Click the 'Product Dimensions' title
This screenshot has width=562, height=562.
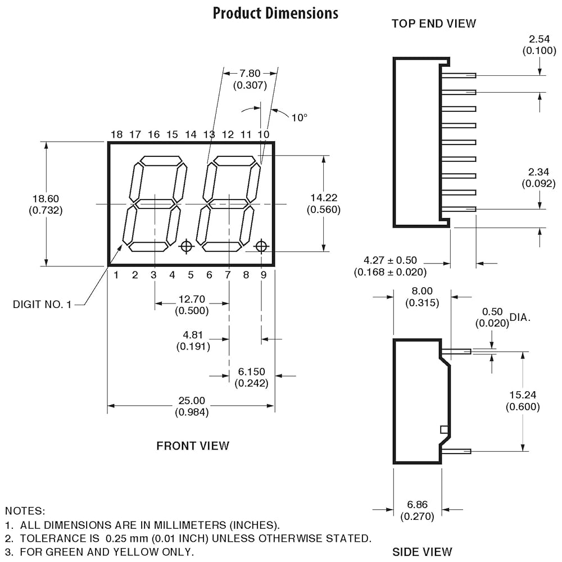click(275, 13)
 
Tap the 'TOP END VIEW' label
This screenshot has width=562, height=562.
click(434, 24)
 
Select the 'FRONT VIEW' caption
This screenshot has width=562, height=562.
click(192, 446)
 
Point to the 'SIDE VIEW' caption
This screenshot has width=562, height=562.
click(422, 552)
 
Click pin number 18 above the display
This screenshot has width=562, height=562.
click(116, 134)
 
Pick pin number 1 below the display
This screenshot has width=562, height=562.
click(116, 275)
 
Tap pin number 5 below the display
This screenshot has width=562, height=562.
click(191, 275)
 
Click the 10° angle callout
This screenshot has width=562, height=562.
click(300, 117)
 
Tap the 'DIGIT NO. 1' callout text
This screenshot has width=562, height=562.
click(42, 304)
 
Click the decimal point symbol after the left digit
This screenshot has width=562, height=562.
click(187, 246)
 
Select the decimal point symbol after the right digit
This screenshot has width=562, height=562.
click(261, 246)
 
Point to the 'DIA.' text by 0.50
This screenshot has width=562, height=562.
click(520, 317)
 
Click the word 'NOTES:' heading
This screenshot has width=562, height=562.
click(25, 511)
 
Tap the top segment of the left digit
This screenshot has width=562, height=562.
click(162, 161)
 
